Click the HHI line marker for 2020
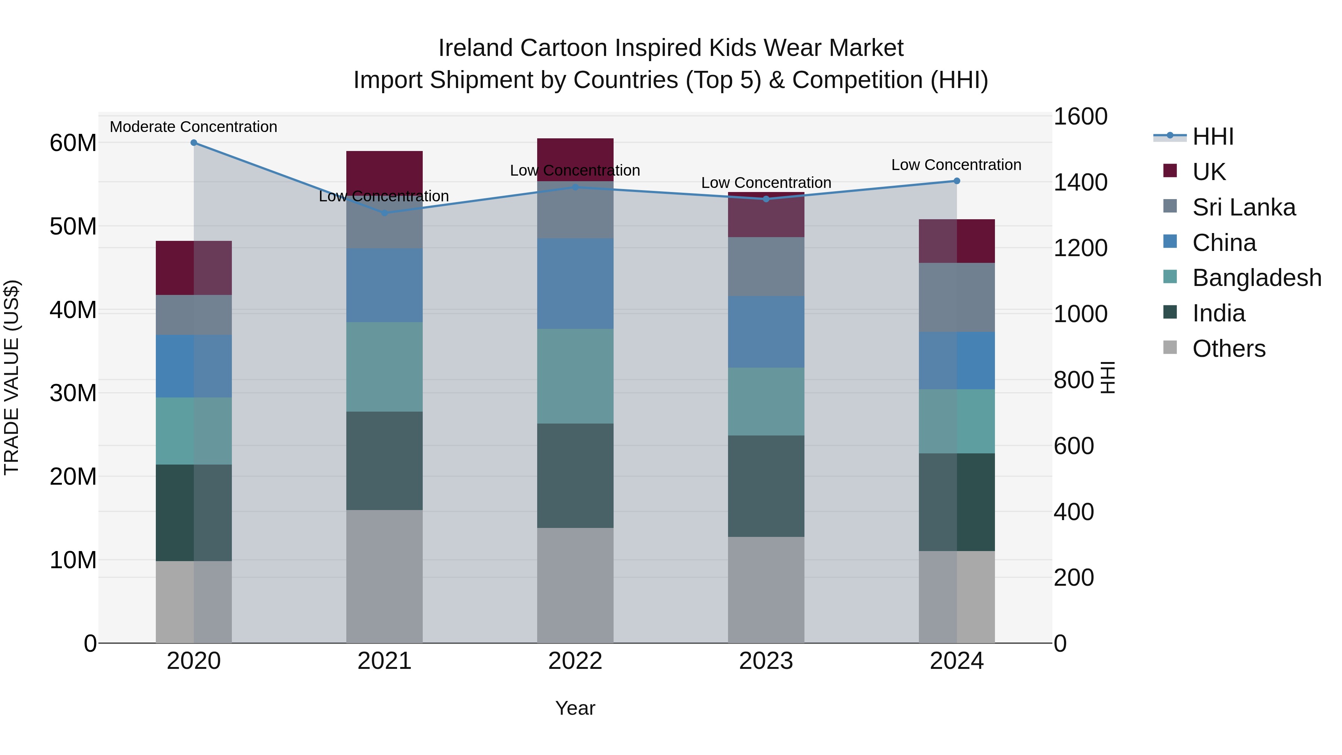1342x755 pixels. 194,143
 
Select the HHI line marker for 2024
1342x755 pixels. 957,181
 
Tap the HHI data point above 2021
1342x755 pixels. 384,213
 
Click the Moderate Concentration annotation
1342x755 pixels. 193,127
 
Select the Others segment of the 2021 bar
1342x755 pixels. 384,576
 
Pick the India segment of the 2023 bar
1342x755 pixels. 766,485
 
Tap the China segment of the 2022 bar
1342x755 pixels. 575,283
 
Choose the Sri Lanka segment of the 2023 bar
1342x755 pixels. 766,267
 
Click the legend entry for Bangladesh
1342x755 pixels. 1257,278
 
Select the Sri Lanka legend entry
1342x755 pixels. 1244,207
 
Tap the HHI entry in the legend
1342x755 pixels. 1213,136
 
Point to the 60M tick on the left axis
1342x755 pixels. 73,143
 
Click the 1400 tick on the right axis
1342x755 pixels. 1080,182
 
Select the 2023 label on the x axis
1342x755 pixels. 766,661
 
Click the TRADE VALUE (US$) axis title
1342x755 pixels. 12,377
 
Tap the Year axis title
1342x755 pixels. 575,708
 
